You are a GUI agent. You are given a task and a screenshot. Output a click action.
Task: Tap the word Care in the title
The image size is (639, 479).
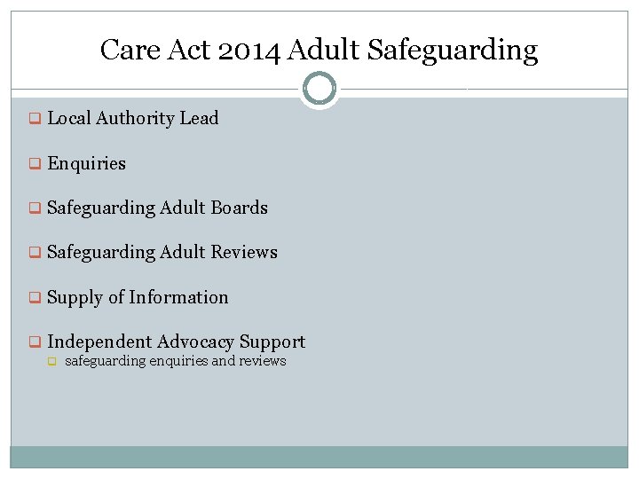click(124, 50)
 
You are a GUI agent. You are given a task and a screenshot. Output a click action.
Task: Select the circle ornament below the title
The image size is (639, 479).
click(319, 89)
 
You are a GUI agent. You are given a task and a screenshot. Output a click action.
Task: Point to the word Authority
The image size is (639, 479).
click(135, 119)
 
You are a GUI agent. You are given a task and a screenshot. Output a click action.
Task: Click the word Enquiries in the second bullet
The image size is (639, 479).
click(86, 164)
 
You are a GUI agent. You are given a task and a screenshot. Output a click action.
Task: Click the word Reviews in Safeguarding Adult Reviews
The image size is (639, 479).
click(244, 253)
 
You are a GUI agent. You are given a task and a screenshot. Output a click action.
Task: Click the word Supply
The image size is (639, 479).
click(75, 298)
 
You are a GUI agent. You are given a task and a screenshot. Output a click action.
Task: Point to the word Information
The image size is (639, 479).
click(178, 298)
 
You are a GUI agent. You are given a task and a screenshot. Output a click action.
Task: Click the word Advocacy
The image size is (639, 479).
click(198, 342)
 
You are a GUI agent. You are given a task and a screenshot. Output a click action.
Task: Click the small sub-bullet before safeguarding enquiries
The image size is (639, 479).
click(51, 362)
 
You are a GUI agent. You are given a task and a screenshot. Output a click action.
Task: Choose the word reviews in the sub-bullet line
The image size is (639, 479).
click(263, 361)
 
